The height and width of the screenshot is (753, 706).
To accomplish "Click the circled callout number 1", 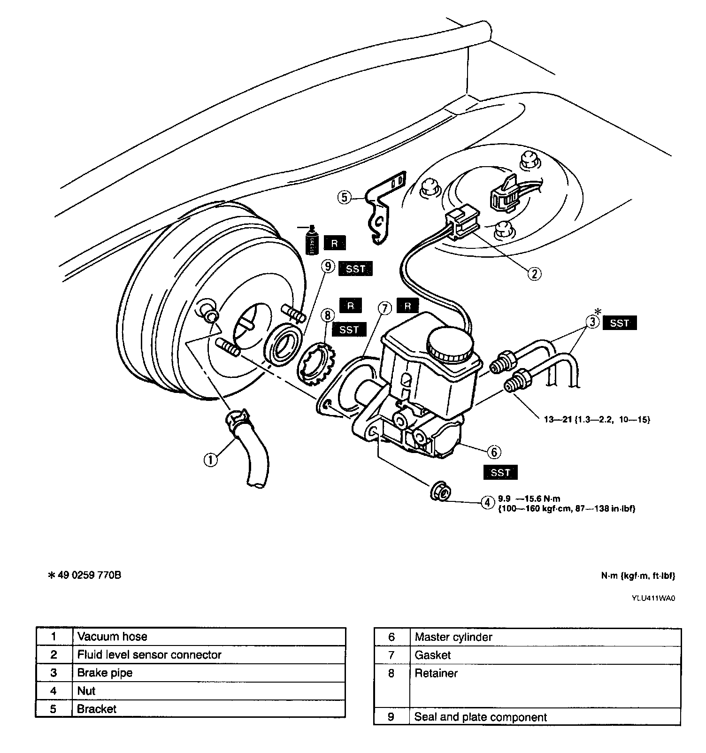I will pos(211,459).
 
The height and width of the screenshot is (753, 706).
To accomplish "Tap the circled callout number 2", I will pos(534,273).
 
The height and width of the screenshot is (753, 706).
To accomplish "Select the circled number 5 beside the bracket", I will pos(345,197).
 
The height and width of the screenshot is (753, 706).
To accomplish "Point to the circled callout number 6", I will pos(494,452).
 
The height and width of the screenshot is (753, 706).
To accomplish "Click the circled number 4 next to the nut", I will pos(487,502).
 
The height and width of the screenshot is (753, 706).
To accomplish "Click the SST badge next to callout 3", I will pos(620,323).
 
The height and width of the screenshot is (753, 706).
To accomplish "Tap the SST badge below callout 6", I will pos(500,472).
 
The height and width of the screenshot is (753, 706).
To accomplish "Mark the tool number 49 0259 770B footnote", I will pos(85,575).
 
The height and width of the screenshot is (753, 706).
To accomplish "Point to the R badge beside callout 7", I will pos(407,306).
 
